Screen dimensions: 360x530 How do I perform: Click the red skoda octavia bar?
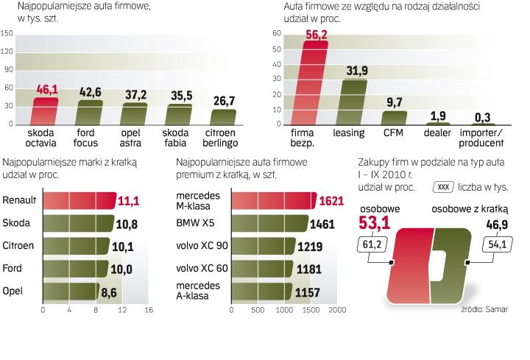click(x=45, y=110)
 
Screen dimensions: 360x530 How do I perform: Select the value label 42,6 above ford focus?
click(x=90, y=91)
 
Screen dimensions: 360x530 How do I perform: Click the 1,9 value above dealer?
click(x=439, y=115)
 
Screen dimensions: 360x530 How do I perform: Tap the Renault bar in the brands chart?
click(x=79, y=200)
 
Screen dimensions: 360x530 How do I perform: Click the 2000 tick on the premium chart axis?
click(x=336, y=310)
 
